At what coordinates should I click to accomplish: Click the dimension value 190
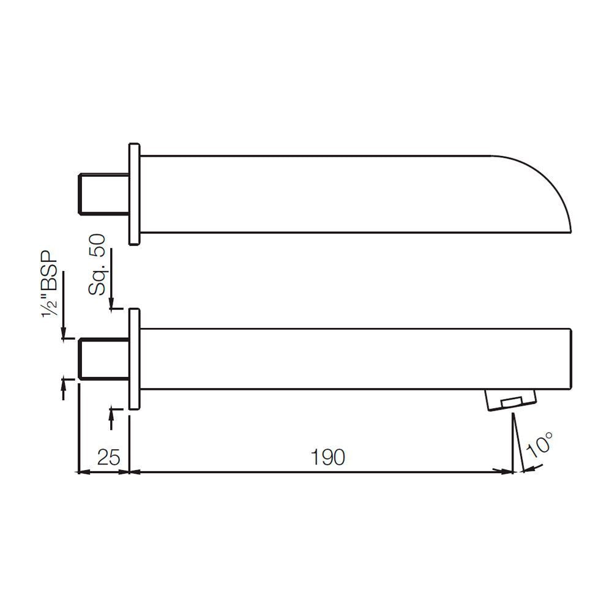tap(327, 457)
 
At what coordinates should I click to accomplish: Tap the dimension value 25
tap(108, 457)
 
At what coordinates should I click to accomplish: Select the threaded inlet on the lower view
tap(104, 359)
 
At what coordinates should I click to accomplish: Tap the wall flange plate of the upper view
tap(135, 195)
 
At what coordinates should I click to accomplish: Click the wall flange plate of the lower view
tap(135, 359)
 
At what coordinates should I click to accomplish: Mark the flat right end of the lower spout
tap(571, 359)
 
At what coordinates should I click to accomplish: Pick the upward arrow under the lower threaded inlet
tap(64, 387)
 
